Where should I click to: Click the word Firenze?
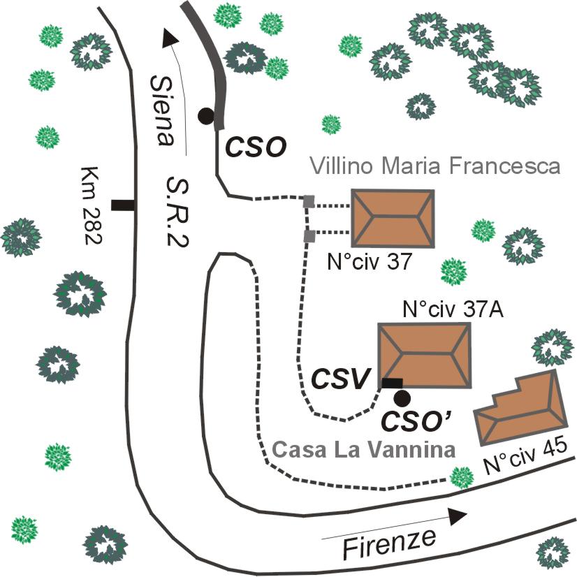(x=389, y=542)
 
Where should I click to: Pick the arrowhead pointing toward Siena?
(x=168, y=37)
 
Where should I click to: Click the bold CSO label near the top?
(x=255, y=147)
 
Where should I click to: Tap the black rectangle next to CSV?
(x=392, y=382)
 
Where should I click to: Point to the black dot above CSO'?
(x=401, y=398)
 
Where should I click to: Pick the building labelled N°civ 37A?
(x=424, y=356)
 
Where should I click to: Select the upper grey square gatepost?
(x=308, y=203)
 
